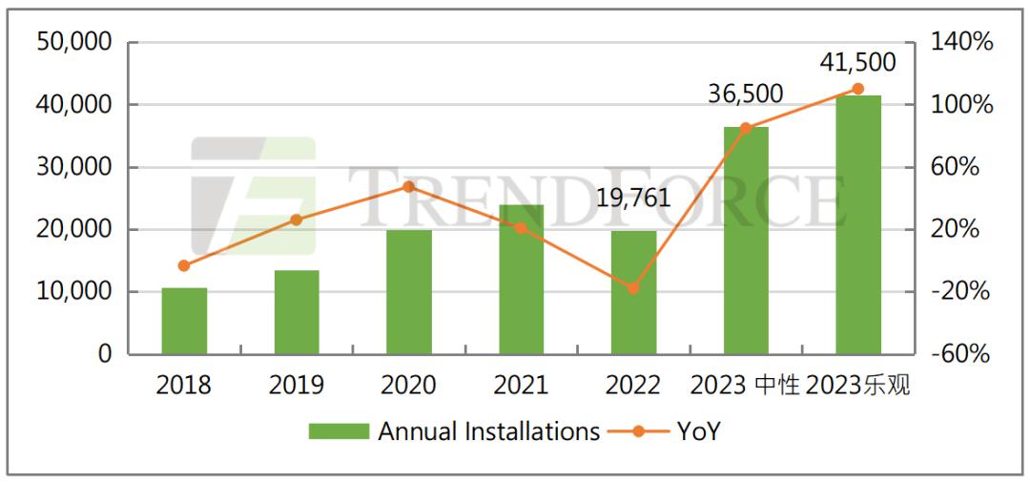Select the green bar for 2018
[x=184, y=321]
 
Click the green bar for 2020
[x=409, y=292]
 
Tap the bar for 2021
[x=521, y=280]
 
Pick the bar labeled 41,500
[x=858, y=224]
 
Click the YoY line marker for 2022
[x=633, y=288]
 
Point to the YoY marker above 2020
[x=409, y=186]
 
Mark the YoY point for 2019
[x=297, y=220]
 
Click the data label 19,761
[x=632, y=199]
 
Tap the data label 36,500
[x=745, y=94]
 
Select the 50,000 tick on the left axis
[x=73, y=42]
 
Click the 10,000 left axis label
[x=73, y=292]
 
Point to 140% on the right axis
[x=959, y=42]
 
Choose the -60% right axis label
[x=959, y=354]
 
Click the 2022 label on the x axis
[x=633, y=386]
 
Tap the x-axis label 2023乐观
[x=858, y=386]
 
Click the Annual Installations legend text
[x=489, y=431]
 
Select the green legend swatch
[x=338, y=431]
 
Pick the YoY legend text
[x=698, y=431]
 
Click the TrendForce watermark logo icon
[x=253, y=197]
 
